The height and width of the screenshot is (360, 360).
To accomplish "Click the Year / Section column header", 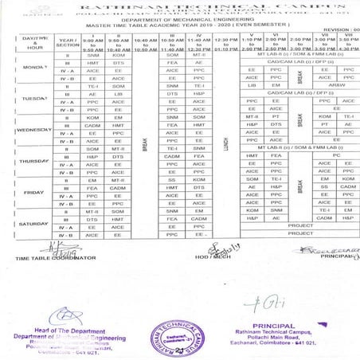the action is (68, 43).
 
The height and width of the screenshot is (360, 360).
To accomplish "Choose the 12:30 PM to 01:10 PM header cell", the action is (225, 44).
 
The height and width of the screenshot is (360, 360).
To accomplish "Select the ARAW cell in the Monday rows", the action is (336, 85).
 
